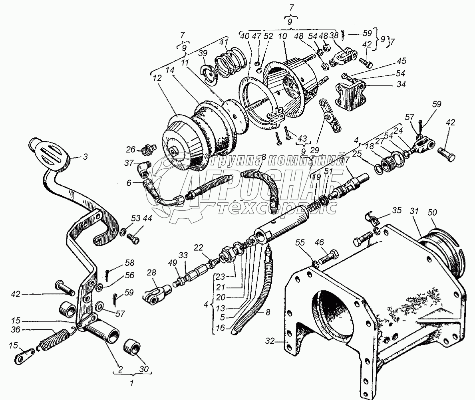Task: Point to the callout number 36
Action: pyautogui.click(x=15, y=330)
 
